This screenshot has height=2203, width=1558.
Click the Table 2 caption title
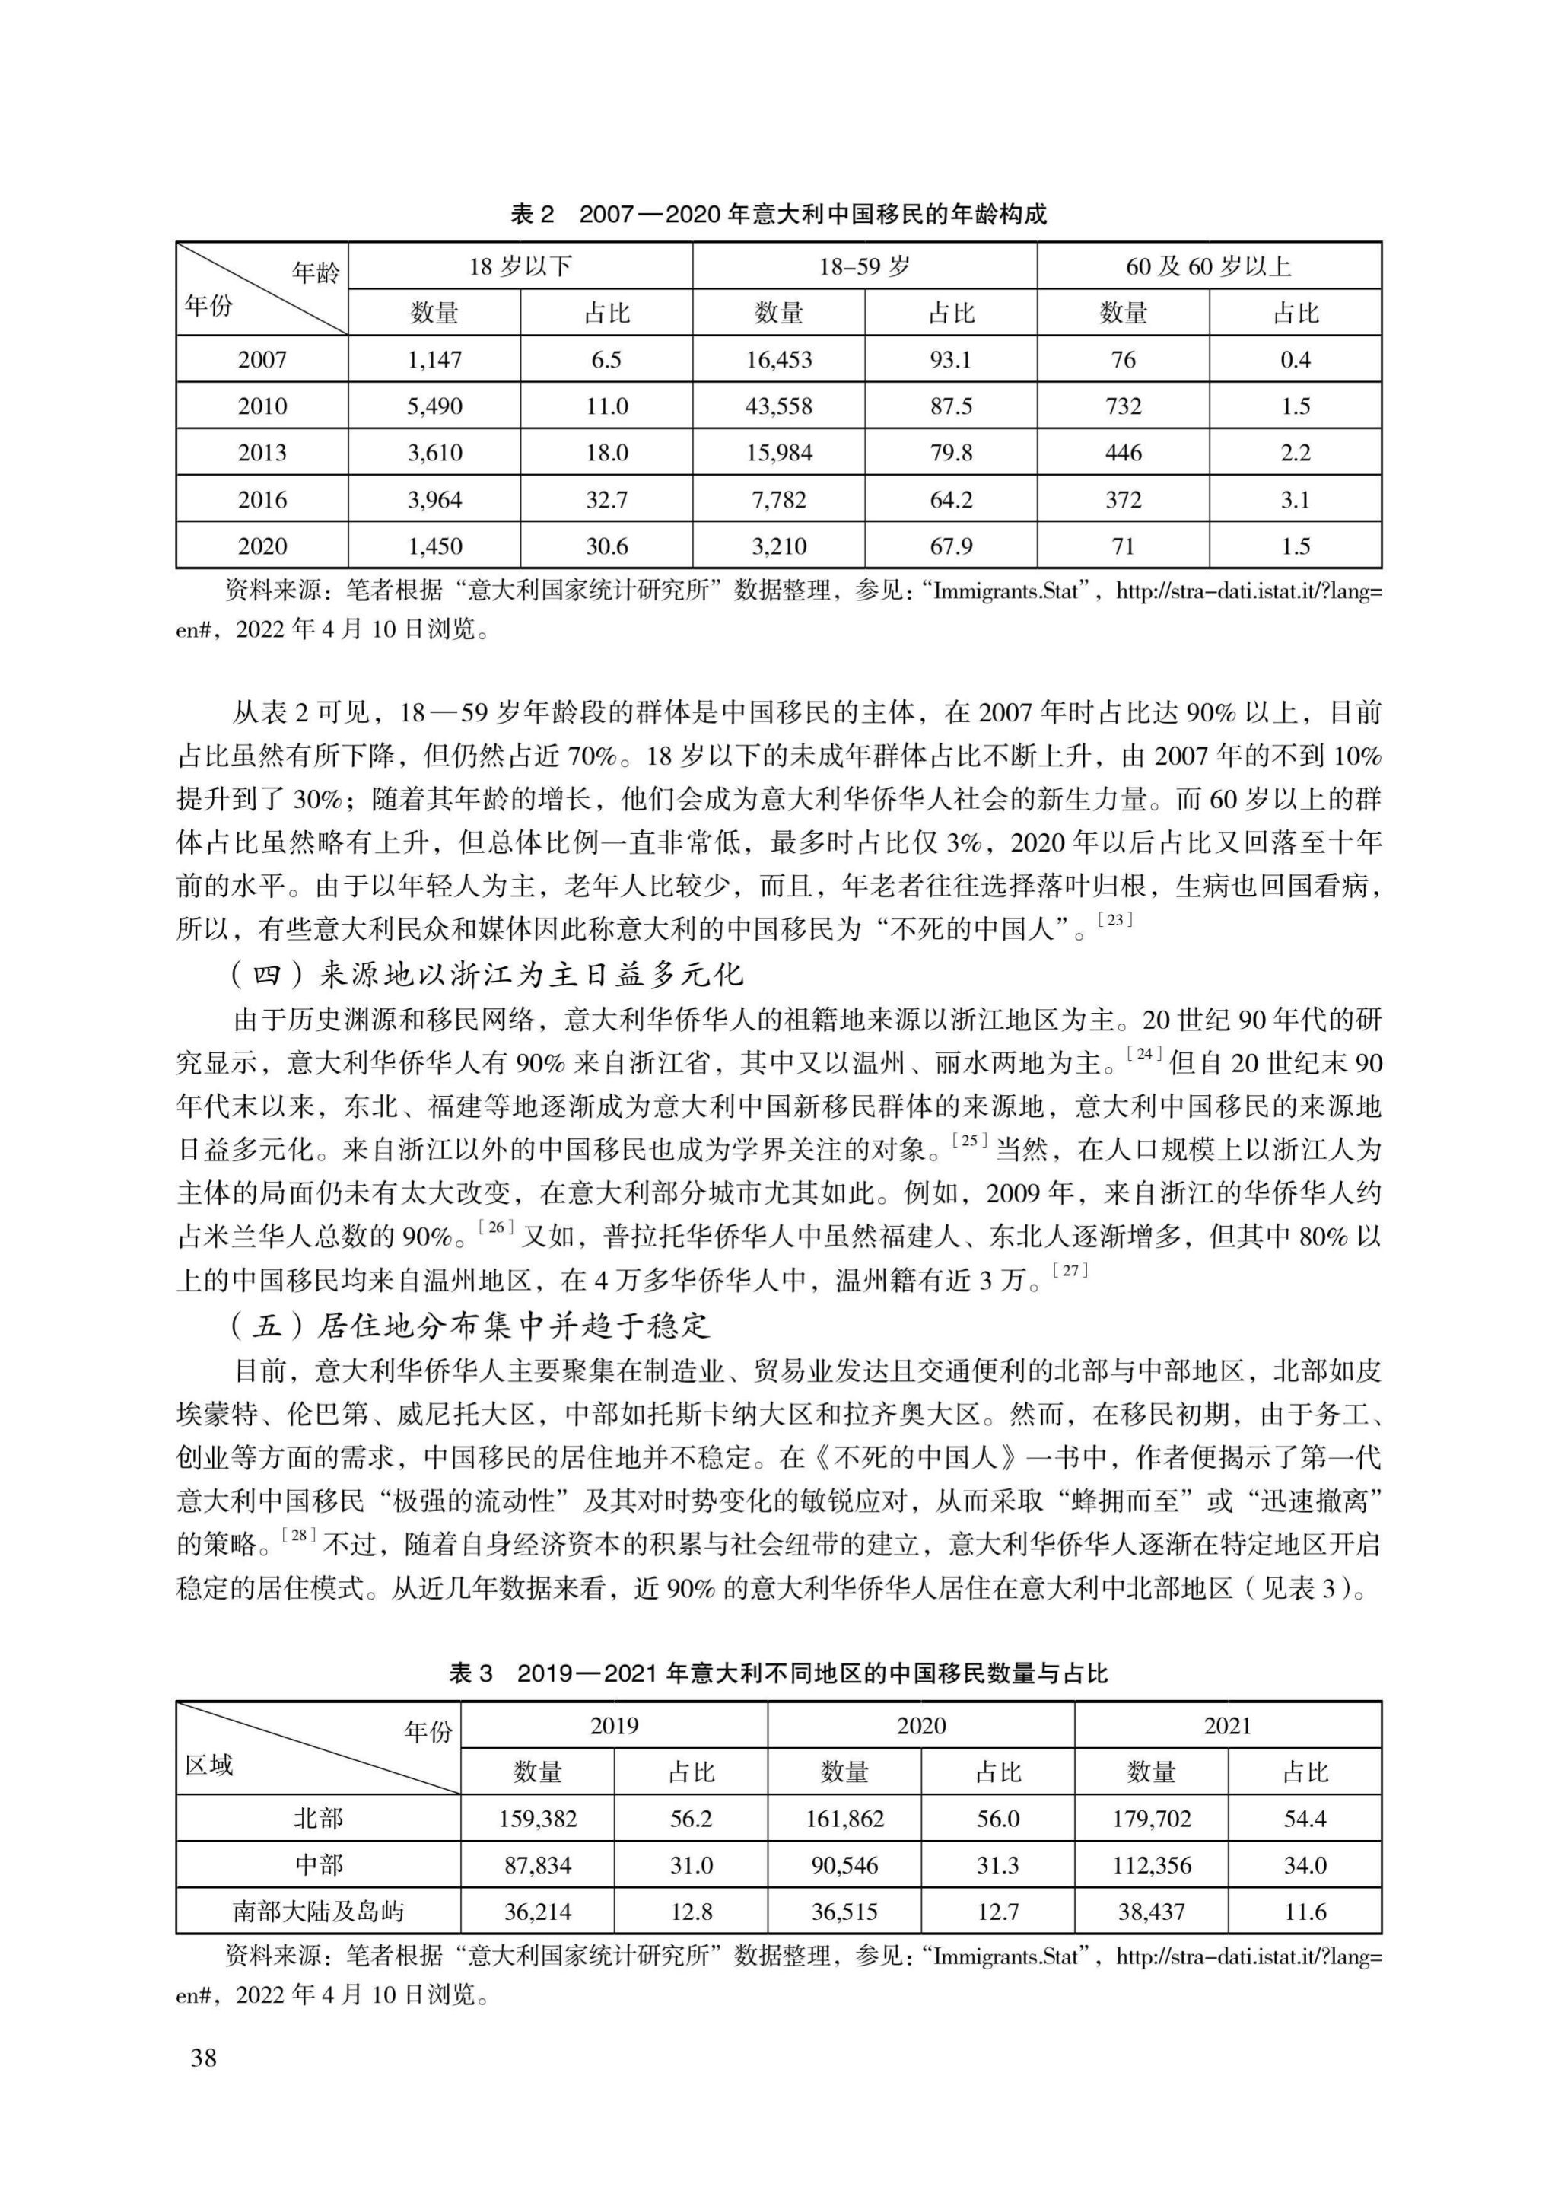[778, 214]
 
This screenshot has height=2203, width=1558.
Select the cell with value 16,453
[778, 360]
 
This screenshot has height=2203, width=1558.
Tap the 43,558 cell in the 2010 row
[778, 406]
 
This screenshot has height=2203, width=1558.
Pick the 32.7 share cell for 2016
[606, 499]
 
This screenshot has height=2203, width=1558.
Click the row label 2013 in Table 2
[262, 453]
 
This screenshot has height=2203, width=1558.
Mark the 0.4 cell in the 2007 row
[1295, 360]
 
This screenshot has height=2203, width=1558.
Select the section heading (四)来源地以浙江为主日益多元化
[488, 976]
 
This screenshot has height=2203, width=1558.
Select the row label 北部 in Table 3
[319, 1818]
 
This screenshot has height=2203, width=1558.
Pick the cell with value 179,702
[1151, 1818]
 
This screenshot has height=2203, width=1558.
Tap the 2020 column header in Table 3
[921, 1726]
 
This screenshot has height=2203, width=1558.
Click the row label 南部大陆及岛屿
[319, 1912]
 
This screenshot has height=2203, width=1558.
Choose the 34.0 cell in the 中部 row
[1305, 1865]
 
